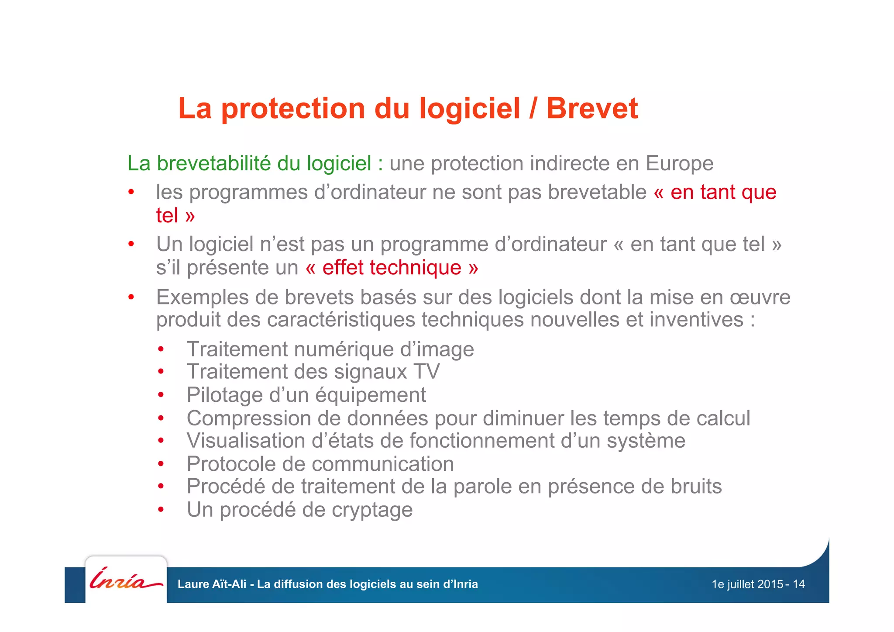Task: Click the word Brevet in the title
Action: [592, 108]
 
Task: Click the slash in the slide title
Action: [533, 108]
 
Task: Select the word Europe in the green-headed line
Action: [679, 164]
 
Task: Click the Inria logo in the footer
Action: [126, 580]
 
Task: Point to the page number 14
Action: [798, 584]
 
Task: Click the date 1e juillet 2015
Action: [747, 584]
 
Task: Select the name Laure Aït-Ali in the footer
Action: [212, 584]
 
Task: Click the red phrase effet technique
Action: [392, 268]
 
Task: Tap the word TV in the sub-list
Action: [426, 372]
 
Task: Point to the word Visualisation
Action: [246, 441]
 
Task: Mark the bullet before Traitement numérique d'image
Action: [161, 349]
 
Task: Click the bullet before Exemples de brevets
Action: [131, 297]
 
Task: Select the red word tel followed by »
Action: [167, 216]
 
